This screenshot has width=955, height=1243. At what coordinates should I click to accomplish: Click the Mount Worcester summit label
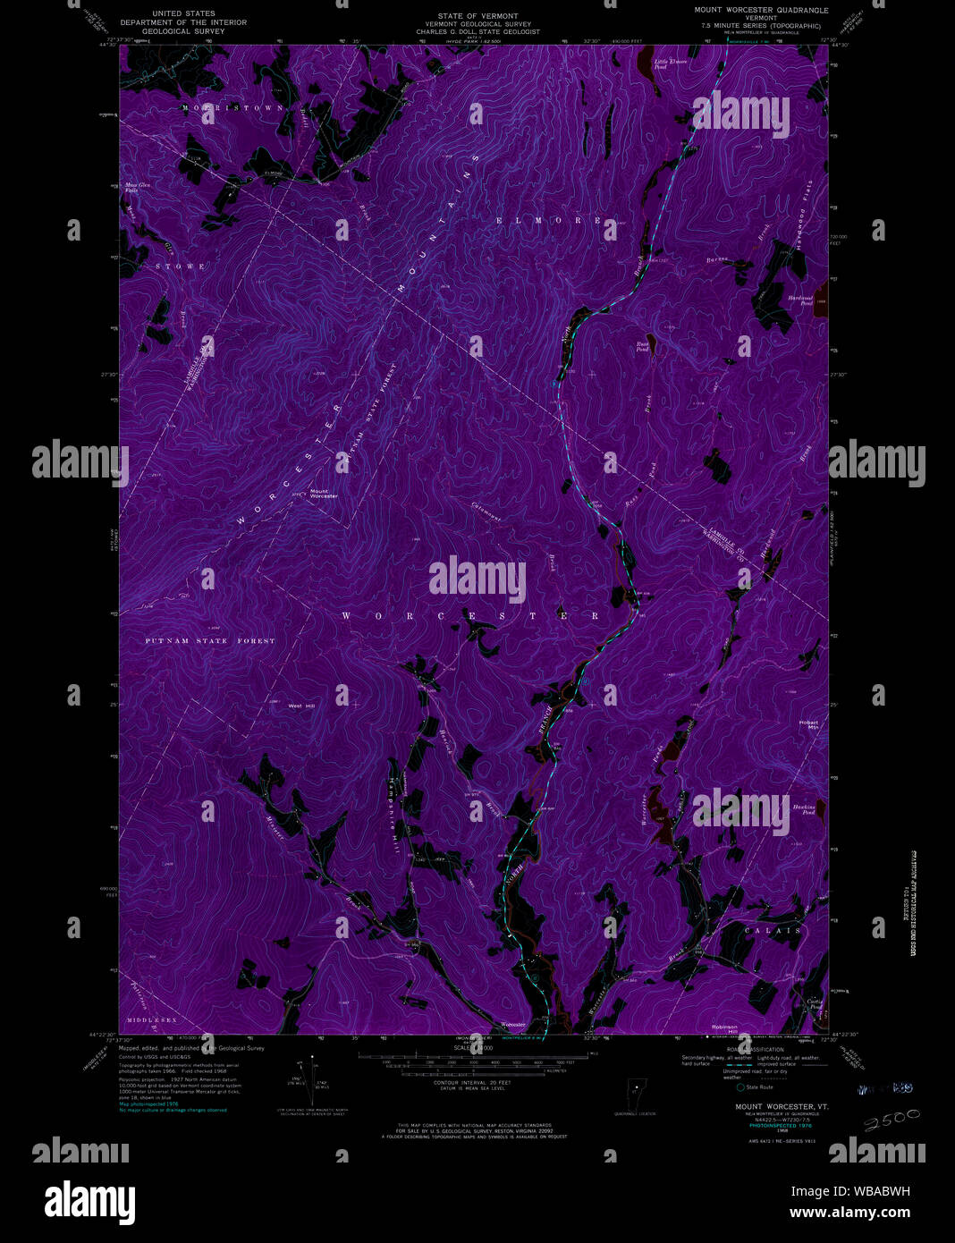click(324, 494)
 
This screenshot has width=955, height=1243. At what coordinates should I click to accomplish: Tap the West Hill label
click(302, 706)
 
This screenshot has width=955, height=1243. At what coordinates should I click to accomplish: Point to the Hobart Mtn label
click(808, 725)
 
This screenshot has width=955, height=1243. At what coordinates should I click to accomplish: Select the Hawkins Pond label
click(803, 809)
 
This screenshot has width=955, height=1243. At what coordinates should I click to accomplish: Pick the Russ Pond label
click(642, 346)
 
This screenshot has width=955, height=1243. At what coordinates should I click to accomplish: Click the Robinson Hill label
click(724, 1028)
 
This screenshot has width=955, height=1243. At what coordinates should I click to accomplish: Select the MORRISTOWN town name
click(232, 107)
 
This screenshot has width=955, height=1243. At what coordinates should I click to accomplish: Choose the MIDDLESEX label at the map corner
click(151, 1020)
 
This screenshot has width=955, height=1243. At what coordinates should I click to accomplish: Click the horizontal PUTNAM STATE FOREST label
click(210, 641)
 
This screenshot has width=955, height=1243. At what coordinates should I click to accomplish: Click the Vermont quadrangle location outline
click(635, 1094)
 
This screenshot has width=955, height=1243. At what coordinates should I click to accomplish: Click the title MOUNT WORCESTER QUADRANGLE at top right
click(761, 11)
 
